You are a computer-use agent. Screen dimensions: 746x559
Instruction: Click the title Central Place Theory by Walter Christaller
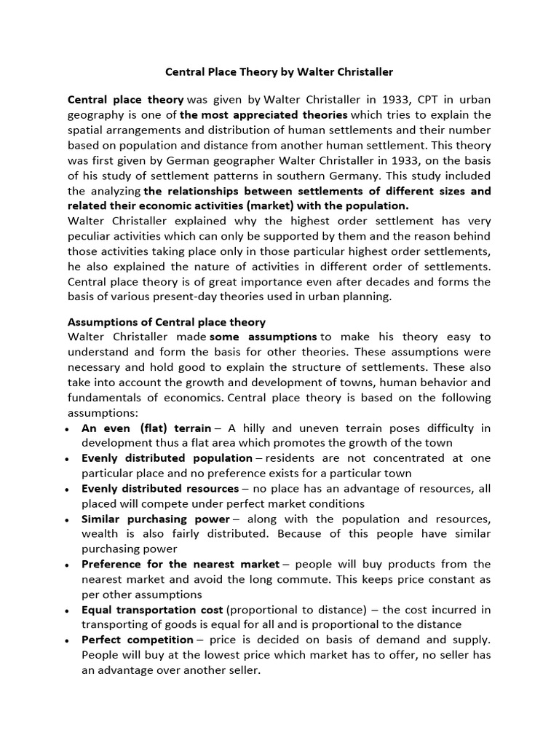pyautogui.click(x=279, y=72)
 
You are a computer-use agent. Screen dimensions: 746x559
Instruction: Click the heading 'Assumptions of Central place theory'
pyautogui.click(x=167, y=322)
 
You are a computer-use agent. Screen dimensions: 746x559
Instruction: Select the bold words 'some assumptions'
pyautogui.click(x=264, y=337)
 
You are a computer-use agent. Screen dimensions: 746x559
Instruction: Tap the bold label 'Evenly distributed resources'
pyautogui.click(x=160, y=488)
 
